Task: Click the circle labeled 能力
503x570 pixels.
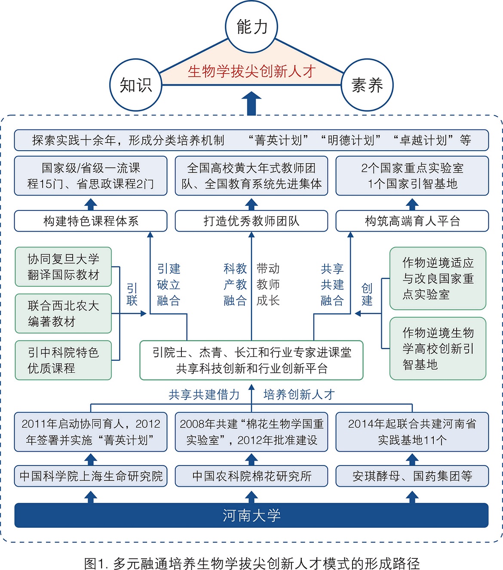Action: pyautogui.click(x=252, y=27)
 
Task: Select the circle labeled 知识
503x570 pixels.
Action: pyautogui.click(x=136, y=85)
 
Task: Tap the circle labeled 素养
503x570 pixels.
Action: pyautogui.click(x=367, y=85)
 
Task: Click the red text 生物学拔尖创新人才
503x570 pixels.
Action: pyautogui.click(x=252, y=71)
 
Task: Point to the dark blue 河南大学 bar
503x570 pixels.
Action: pyautogui.click(x=252, y=515)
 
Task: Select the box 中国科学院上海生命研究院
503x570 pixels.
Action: pyautogui.click(x=91, y=476)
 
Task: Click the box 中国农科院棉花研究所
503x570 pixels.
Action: pyautogui.click(x=252, y=476)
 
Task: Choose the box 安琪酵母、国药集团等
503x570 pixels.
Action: pyautogui.click(x=412, y=476)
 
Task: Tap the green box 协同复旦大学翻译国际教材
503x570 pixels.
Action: pyautogui.click(x=63, y=267)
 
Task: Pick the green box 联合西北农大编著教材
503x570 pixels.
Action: pyautogui.click(x=63, y=313)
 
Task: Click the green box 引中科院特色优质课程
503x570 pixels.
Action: pyautogui.click(x=63, y=360)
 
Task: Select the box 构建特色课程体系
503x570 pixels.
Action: pyautogui.click(x=91, y=221)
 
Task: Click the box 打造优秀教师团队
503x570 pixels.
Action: pyautogui.click(x=252, y=221)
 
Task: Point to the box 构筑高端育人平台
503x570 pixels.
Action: pyautogui.click(x=412, y=221)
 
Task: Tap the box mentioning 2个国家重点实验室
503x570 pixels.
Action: pyautogui.click(x=412, y=176)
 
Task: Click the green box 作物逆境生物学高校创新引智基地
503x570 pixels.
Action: pyautogui.click(x=438, y=349)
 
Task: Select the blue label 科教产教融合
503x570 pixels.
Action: pyautogui.click(x=235, y=285)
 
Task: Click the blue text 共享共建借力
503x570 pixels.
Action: pyautogui.click(x=204, y=394)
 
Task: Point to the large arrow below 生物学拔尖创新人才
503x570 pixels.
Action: pyautogui.click(x=252, y=104)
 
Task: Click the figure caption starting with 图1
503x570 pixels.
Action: pyautogui.click(x=252, y=563)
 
